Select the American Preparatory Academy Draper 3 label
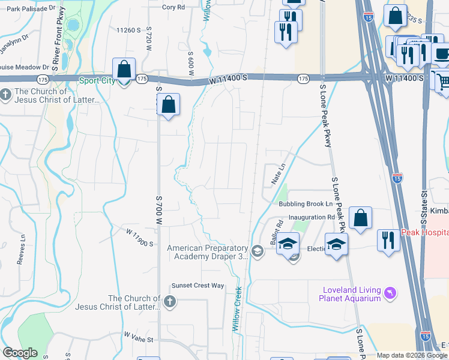pyautogui.click(x=208, y=252)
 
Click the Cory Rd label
pyautogui.click(x=173, y=7)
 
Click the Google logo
pyautogui.click(x=20, y=353)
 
